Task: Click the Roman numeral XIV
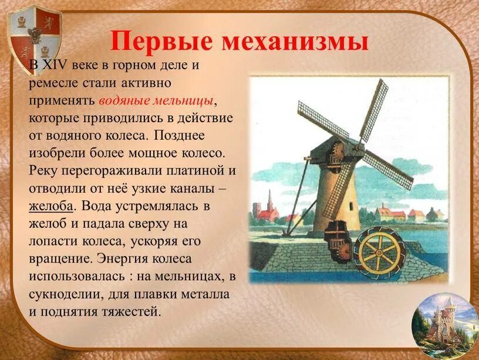coord(53,65)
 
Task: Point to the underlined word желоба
coord(51,206)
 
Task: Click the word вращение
coord(56,258)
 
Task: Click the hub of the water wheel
coord(379,252)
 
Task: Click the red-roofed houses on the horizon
coord(390,213)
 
